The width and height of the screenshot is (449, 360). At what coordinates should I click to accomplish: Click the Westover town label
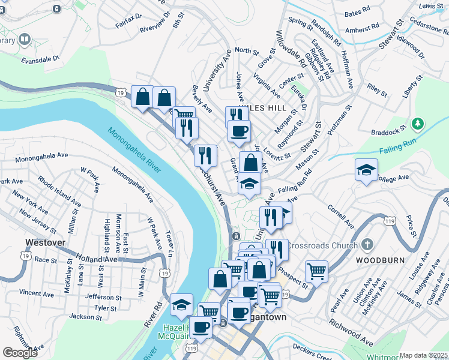pos(46,243)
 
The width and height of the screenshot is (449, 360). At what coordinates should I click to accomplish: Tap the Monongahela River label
pos(135,150)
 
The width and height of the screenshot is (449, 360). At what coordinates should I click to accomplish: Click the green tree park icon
pos(418,124)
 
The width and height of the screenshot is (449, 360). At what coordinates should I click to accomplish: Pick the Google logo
pos(20,352)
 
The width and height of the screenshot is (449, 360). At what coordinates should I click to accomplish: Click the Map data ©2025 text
pos(424,355)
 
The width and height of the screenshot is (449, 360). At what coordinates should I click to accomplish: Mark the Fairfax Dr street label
pos(128,22)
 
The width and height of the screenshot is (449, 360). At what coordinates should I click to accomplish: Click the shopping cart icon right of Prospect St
pos(316,271)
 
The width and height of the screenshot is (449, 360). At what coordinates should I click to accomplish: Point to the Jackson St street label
pos(83,316)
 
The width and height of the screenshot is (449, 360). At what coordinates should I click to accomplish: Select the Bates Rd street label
pos(358,13)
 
